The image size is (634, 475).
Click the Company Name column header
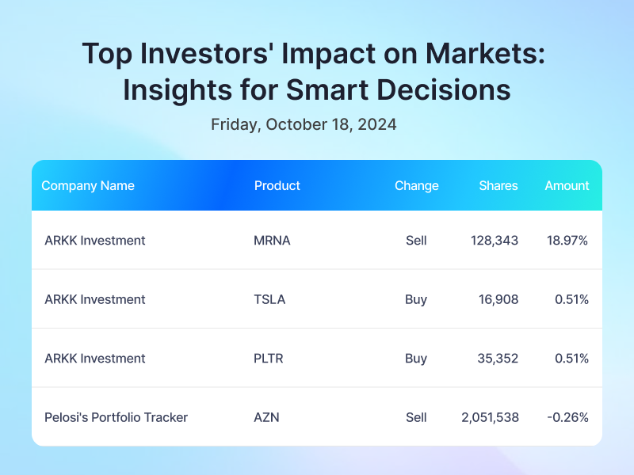pyautogui.click(x=88, y=186)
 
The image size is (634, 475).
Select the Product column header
pyautogui.click(x=277, y=186)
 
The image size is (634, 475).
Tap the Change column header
pyautogui.click(x=417, y=186)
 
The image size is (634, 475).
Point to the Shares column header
pyautogui.click(x=498, y=186)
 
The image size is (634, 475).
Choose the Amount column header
pyautogui.click(x=567, y=186)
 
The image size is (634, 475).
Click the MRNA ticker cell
pyautogui.click(x=272, y=241)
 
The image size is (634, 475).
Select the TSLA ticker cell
pyautogui.click(x=269, y=300)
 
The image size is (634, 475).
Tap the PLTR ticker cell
pyautogui.click(x=268, y=359)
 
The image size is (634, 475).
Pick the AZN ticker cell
pyautogui.click(x=266, y=418)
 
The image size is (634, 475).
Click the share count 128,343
pyautogui.click(x=494, y=241)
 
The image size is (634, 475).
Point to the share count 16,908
pyautogui.click(x=498, y=300)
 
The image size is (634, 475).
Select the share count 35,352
pyautogui.click(x=498, y=359)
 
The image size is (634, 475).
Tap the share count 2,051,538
pyautogui.click(x=490, y=418)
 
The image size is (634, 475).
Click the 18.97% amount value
pyautogui.click(x=567, y=241)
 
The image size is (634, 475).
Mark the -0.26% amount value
pyautogui.click(x=567, y=418)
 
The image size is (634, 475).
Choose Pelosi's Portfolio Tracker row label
pyautogui.click(x=116, y=418)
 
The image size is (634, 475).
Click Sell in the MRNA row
pyautogui.click(x=416, y=241)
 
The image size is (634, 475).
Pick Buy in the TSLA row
pyautogui.click(x=416, y=300)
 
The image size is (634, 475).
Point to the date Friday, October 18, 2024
pyautogui.click(x=304, y=125)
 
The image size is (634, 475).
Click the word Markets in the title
pyautogui.click(x=485, y=54)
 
